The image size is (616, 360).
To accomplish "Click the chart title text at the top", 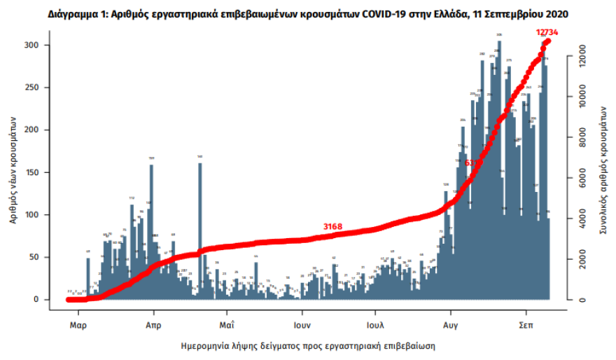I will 308,13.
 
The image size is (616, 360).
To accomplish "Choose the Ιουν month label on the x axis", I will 302,326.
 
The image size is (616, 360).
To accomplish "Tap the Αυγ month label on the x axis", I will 451,326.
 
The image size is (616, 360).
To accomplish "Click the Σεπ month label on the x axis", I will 526,326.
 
